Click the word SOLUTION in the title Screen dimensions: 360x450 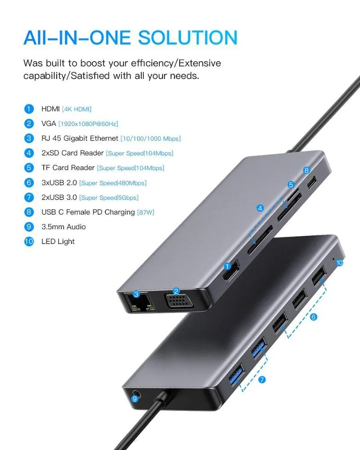click(x=188, y=38)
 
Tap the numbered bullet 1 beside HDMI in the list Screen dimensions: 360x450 click(x=29, y=109)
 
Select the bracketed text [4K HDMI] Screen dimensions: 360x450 click(x=76, y=109)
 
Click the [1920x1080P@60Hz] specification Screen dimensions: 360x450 click(x=88, y=124)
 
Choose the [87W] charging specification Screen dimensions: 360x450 click(x=146, y=212)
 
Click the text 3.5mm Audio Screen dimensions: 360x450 click(x=63, y=227)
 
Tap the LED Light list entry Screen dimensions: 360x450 click(x=58, y=241)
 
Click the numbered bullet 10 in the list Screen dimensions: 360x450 click(x=29, y=241)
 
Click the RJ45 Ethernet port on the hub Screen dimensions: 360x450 click(x=139, y=302)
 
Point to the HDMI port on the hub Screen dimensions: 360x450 click(x=231, y=271)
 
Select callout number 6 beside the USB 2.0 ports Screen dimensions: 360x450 click(x=314, y=317)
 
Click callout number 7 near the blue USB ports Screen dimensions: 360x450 click(x=262, y=380)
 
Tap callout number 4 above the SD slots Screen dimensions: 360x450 click(x=260, y=208)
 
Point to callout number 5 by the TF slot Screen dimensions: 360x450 click(x=291, y=184)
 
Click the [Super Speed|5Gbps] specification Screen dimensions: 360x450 click(x=109, y=198)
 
